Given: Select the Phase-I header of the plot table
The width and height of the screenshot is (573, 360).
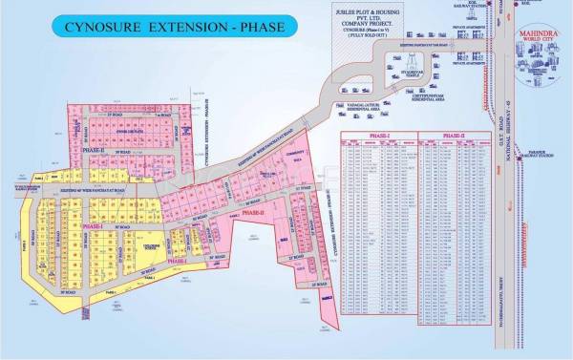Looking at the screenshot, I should (x=377, y=136).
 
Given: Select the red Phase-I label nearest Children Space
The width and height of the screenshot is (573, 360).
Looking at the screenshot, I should (x=176, y=261).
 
